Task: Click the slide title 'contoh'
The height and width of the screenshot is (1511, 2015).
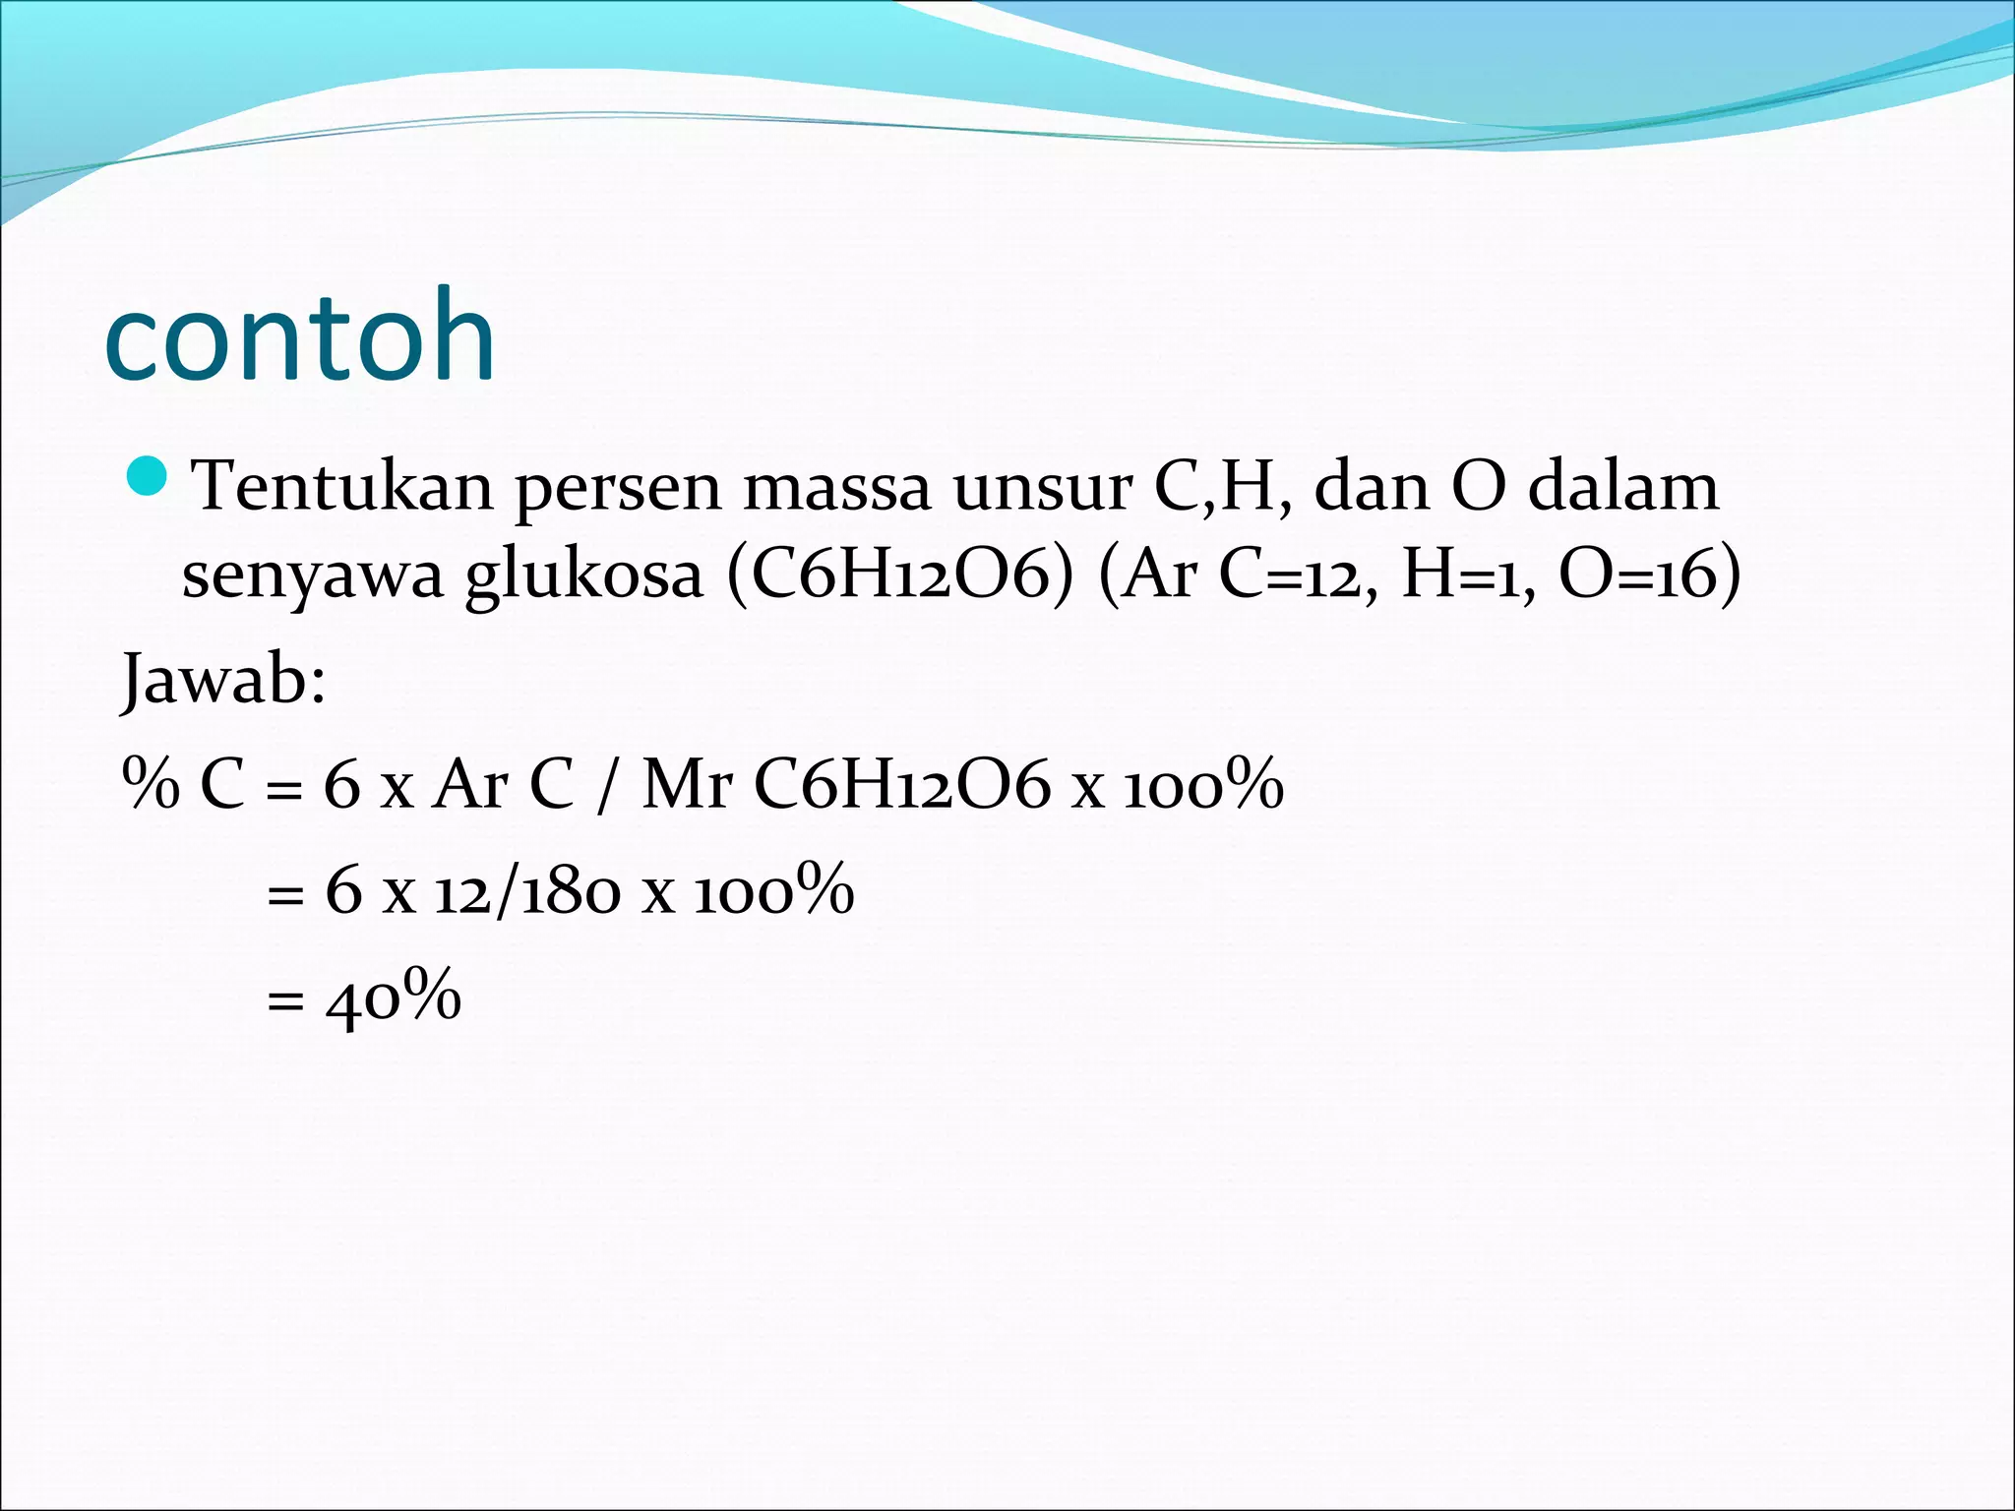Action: (x=299, y=336)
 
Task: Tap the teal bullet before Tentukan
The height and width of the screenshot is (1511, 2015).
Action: (x=149, y=478)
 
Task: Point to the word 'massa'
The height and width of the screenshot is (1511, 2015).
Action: (x=836, y=488)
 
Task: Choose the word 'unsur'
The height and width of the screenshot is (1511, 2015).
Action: (x=1043, y=488)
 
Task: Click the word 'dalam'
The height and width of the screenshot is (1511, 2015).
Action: (x=1622, y=486)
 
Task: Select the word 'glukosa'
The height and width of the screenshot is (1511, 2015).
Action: (x=583, y=576)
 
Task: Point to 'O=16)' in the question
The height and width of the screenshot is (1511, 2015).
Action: (x=1650, y=574)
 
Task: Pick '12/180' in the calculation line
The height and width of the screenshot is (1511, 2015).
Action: (x=527, y=891)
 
